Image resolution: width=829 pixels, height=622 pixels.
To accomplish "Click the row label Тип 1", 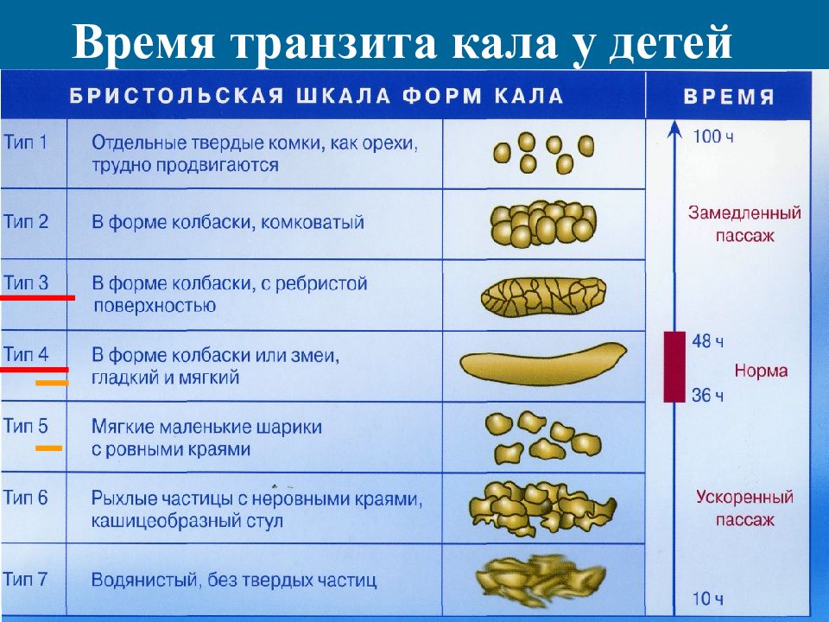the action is [x=25, y=142].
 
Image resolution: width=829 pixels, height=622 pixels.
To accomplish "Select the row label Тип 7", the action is [x=25, y=579].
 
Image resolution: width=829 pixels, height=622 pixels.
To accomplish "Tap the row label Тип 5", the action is [x=25, y=425].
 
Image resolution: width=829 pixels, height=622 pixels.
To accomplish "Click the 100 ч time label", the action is [x=713, y=136].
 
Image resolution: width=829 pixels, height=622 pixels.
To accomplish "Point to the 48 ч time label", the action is [x=707, y=341].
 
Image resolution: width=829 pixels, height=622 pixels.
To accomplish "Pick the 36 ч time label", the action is [x=707, y=395].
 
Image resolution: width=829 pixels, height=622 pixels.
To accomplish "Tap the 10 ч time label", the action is [x=707, y=599].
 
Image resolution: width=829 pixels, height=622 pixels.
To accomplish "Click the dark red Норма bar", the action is [x=674, y=366].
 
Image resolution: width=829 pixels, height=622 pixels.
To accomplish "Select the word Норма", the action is [x=761, y=371].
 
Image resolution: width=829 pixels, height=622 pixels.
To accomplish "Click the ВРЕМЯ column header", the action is [x=729, y=97].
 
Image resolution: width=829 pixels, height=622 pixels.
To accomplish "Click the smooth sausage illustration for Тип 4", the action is [x=543, y=364].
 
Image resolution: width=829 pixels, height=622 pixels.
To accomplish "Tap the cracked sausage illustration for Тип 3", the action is [x=543, y=297].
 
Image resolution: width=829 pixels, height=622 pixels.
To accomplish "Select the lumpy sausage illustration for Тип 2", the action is [x=543, y=224].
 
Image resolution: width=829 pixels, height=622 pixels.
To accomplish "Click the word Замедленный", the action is [x=744, y=213].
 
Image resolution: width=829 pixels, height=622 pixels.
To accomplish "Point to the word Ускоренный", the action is [x=744, y=498].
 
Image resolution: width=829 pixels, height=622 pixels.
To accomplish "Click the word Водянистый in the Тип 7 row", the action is [x=145, y=580].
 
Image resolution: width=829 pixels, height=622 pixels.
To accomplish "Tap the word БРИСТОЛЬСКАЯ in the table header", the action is [x=176, y=96].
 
